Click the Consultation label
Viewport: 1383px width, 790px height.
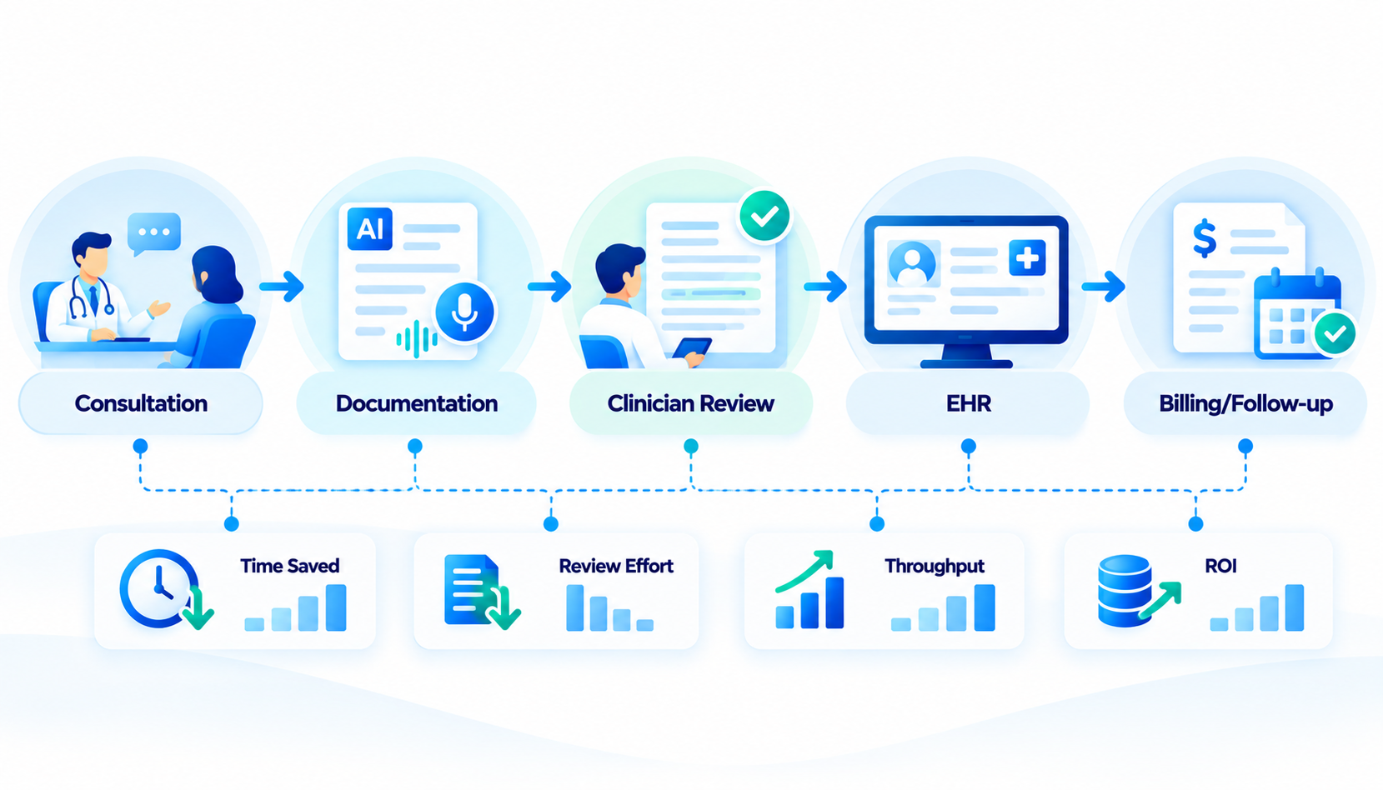point(141,403)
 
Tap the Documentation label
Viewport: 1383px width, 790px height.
point(417,403)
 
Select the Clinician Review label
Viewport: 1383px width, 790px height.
point(690,403)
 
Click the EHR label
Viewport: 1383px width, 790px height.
point(968,403)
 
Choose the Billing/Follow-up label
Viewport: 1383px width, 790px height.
point(1245,403)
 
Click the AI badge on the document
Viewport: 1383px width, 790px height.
point(370,229)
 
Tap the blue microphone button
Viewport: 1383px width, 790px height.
point(464,312)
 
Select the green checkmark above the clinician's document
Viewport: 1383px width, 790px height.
point(764,216)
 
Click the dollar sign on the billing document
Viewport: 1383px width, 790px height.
point(1205,239)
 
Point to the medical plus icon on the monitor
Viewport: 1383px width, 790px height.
point(1027,257)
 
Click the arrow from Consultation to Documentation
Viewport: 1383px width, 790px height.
point(282,287)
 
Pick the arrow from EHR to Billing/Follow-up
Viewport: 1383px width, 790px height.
point(1103,287)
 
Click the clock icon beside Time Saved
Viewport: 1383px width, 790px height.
point(159,588)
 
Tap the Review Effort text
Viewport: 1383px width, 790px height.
point(615,566)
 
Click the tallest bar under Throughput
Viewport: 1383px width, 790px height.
point(985,608)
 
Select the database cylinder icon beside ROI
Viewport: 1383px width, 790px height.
point(1125,591)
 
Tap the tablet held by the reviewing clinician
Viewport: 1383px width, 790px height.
point(692,348)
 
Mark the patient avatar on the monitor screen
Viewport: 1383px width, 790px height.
point(912,264)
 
